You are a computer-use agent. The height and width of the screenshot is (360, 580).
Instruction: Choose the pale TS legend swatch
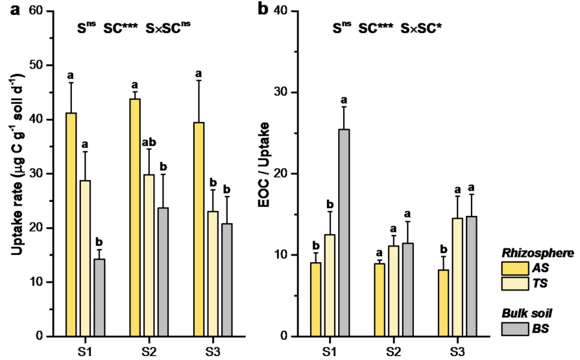point(516,283)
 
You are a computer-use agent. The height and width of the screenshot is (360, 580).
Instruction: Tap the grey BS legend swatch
point(516,328)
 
